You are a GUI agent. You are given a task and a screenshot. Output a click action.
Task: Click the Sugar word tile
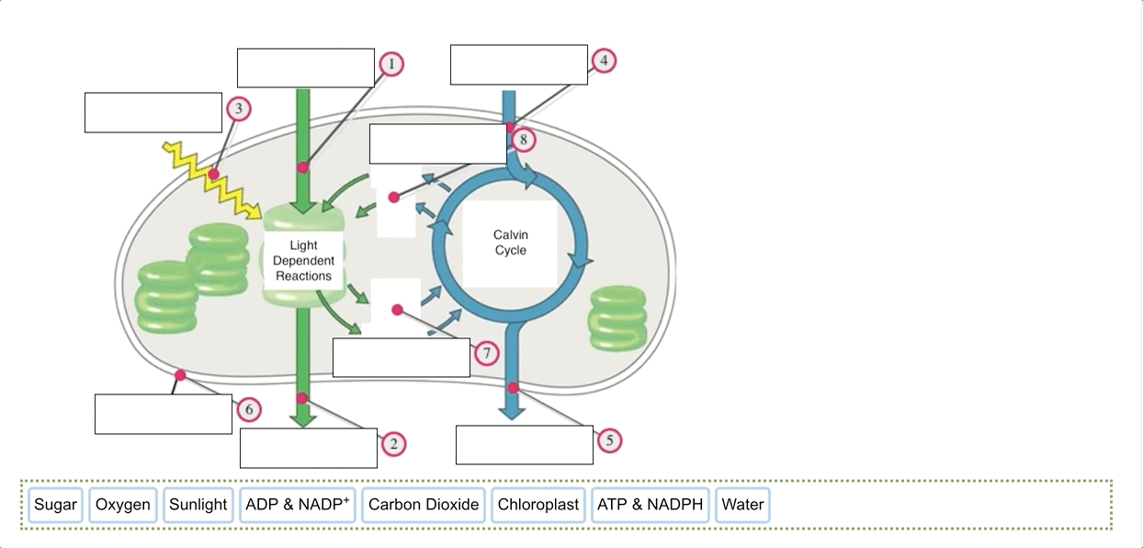pyautogui.click(x=55, y=505)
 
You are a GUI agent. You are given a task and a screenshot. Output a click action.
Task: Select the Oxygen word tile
pyautogui.click(x=122, y=505)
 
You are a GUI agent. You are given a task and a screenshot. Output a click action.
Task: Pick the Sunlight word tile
pyautogui.click(x=198, y=505)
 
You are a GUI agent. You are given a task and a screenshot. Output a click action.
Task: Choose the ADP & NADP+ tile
pyautogui.click(x=298, y=505)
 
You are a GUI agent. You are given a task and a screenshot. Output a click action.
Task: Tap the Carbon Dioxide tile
pyautogui.click(x=424, y=505)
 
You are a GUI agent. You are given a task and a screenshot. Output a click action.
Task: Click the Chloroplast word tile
pyautogui.click(x=538, y=505)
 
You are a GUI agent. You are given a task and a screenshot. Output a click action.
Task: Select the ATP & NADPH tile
pyautogui.click(x=650, y=505)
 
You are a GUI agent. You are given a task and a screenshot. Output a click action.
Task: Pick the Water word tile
pyautogui.click(x=742, y=505)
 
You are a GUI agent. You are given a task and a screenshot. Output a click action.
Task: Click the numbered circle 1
pyautogui.click(x=390, y=64)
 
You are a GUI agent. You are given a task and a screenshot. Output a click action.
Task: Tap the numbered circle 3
pyautogui.click(x=238, y=109)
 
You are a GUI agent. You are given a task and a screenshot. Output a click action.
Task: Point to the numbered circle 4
pyautogui.click(x=603, y=61)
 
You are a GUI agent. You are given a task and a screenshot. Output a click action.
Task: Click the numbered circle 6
pyautogui.click(x=247, y=409)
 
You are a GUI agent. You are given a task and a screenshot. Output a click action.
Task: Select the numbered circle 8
pyautogui.click(x=522, y=140)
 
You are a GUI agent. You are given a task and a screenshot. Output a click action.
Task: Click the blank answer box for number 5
pyautogui.click(x=524, y=444)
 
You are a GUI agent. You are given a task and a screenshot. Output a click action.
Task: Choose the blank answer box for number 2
pyautogui.click(x=308, y=448)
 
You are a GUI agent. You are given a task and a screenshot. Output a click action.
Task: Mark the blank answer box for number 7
pyautogui.click(x=401, y=358)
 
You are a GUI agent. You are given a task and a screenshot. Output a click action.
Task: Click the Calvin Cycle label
pyautogui.click(x=510, y=243)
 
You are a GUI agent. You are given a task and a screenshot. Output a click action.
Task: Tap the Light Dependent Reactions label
pyautogui.click(x=303, y=260)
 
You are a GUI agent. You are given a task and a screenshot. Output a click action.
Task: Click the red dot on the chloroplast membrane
pyautogui.click(x=180, y=375)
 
